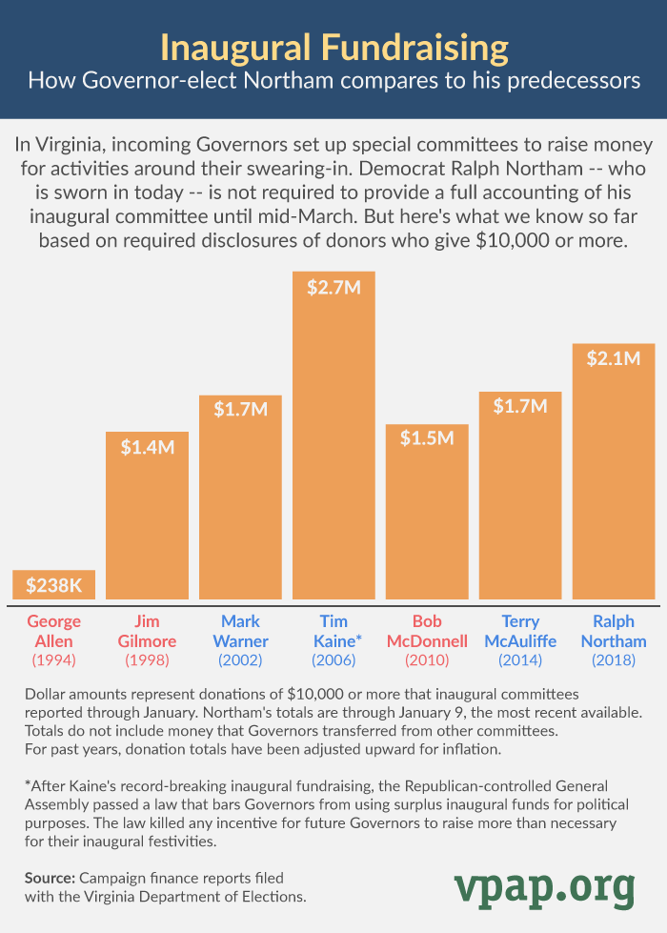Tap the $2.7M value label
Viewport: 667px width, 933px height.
click(333, 288)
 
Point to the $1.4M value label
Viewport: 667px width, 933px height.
click(147, 446)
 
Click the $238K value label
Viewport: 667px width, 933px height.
click(53, 584)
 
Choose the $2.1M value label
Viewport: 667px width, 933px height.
click(613, 358)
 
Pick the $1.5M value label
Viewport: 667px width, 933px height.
click(427, 438)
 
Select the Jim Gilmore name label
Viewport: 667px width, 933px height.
click(147, 631)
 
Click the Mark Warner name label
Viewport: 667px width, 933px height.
click(240, 631)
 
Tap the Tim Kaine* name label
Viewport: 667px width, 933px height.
click(333, 631)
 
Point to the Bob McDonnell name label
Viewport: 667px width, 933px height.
click(427, 631)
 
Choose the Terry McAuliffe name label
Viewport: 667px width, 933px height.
click(520, 631)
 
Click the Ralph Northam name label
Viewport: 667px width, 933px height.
click(613, 631)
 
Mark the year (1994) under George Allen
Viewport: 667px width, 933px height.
click(53, 659)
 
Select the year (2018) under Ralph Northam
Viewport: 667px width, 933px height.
click(613, 659)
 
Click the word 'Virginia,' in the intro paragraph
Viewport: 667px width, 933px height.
click(81, 146)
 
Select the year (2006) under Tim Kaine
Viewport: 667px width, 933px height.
click(333, 659)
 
